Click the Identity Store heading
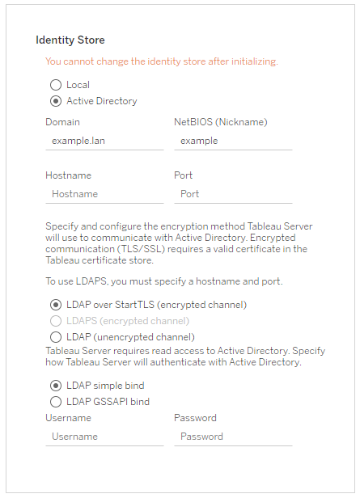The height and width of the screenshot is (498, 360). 70,40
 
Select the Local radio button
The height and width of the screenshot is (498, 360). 56,85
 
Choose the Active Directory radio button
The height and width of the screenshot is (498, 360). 56,101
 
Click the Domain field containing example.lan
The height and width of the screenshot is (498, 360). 104,141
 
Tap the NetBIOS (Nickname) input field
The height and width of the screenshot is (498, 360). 233,141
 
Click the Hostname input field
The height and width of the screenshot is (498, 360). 104,194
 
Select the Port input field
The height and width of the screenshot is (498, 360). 233,194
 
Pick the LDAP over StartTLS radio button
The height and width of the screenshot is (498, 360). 56,305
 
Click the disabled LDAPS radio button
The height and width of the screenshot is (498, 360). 56,321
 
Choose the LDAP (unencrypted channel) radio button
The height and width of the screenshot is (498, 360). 56,337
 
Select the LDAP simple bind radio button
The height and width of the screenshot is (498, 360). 56,386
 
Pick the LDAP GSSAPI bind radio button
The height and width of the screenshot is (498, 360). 56,402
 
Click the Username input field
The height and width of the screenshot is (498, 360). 104,437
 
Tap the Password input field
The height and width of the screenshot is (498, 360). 233,437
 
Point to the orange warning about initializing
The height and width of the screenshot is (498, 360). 162,61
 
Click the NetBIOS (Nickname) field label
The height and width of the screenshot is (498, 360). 221,122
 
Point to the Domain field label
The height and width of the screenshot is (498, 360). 62,122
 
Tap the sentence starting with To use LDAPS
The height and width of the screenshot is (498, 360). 164,281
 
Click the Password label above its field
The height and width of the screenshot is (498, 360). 195,418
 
